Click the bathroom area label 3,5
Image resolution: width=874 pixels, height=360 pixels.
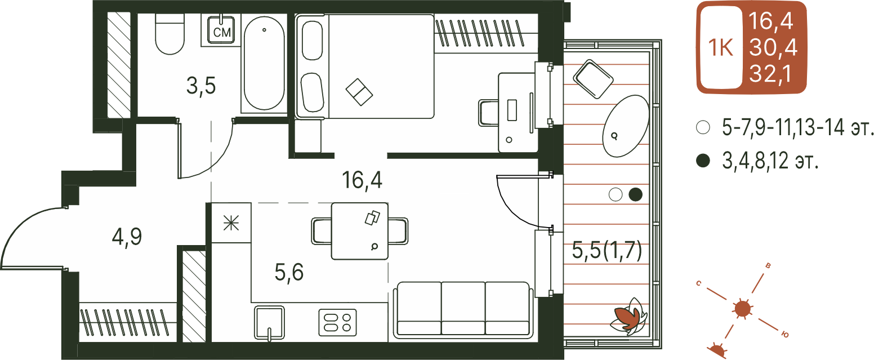pos(201,86)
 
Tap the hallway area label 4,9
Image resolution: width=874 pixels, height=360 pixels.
pos(127,237)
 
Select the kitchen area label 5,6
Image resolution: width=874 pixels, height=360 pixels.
pos(289,272)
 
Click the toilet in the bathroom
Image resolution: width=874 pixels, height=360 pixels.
pos(170,34)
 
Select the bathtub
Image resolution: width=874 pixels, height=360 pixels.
pos(264,63)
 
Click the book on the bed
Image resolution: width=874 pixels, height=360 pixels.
pos(359,92)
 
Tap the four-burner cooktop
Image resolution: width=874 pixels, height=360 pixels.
pos(337,322)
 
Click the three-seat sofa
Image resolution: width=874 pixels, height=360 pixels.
pos(463,310)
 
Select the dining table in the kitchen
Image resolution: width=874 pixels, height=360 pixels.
pos(360,231)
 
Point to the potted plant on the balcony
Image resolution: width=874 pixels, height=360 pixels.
pos(628,317)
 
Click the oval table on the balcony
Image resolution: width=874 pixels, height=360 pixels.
pos(626,126)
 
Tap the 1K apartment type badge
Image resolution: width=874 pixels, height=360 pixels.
pos(721,48)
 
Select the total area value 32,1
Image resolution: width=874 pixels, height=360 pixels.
pos(770,74)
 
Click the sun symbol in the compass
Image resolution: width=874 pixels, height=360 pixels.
pos(743,309)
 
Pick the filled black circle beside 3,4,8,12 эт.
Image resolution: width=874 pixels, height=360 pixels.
pos(703,161)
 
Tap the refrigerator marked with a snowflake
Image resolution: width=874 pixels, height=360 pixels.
pos(231,223)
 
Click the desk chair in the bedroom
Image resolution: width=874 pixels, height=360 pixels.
pos(488,113)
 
